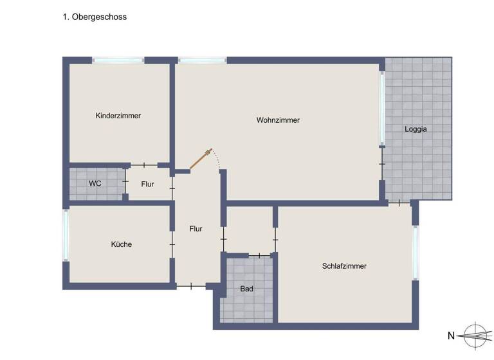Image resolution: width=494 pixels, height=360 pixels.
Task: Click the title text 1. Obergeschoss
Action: click(94, 17)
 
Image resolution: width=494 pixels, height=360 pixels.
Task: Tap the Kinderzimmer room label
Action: click(118, 116)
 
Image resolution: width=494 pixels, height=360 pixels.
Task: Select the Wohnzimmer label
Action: click(278, 120)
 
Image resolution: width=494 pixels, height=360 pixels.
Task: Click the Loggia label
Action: click(416, 129)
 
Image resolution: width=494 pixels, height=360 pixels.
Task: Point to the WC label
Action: click(95, 183)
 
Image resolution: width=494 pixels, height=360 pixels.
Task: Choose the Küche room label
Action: click(121, 244)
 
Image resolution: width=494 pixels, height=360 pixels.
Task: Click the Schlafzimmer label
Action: click(344, 265)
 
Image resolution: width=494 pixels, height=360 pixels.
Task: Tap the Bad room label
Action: click(246, 289)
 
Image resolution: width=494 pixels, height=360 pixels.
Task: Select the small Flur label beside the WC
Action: click(147, 184)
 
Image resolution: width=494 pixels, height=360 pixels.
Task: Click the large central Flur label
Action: click(196, 228)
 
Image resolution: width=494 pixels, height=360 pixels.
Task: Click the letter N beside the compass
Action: click(451, 336)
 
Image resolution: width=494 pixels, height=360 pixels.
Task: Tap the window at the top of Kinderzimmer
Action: click(118, 60)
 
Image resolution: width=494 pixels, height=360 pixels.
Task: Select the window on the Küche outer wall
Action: click(66, 235)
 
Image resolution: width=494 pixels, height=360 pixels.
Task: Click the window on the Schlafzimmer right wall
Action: click(416, 253)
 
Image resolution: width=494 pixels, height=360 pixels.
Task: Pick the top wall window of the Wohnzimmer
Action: click(202, 60)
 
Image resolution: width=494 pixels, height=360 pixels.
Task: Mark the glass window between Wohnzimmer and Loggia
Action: click(382, 108)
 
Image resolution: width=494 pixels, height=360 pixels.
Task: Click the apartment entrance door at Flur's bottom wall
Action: click(191, 285)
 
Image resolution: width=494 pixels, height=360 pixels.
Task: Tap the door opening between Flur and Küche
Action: click(172, 244)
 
